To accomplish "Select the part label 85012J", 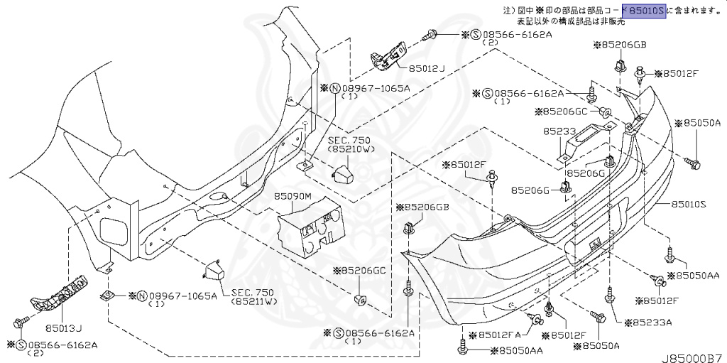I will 426,68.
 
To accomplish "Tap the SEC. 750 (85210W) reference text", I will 345,146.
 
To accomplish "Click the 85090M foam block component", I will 310,227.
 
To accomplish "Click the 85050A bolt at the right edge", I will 694,163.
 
